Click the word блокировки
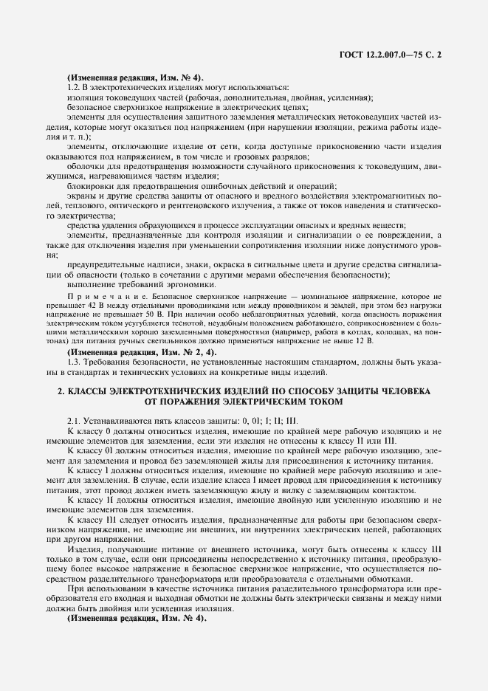point(90,185)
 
